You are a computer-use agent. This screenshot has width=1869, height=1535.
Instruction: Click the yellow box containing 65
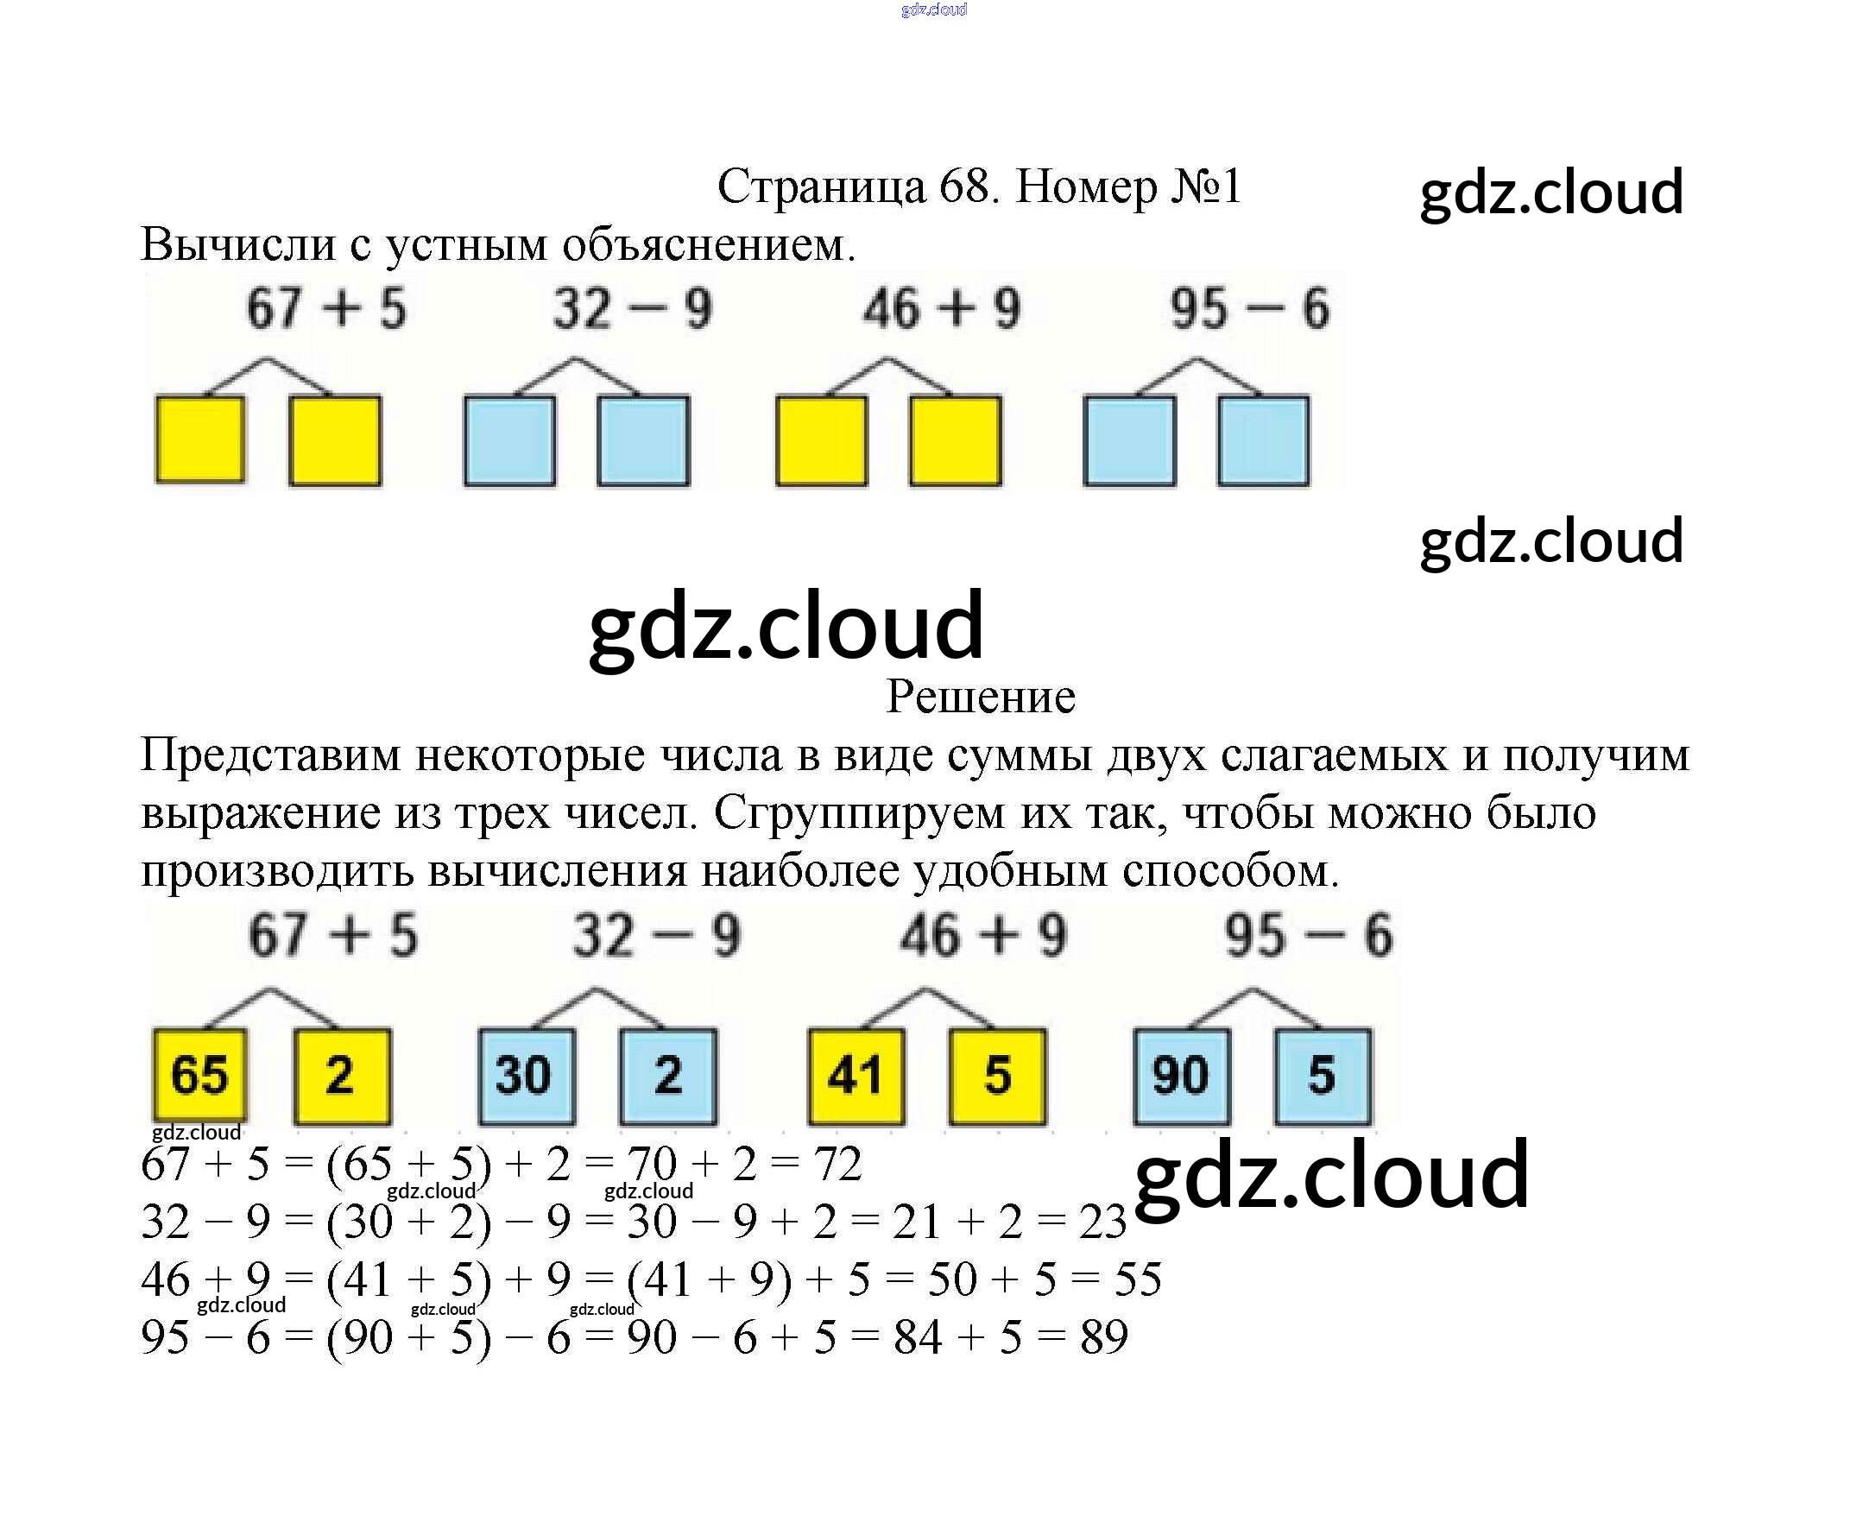pyautogui.click(x=199, y=1075)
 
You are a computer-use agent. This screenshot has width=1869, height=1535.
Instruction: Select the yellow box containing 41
pyautogui.click(x=856, y=1075)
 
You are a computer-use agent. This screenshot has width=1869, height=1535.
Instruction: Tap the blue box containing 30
pyautogui.click(x=526, y=1075)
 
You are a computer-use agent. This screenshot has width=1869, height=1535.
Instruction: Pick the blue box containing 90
pyautogui.click(x=1181, y=1075)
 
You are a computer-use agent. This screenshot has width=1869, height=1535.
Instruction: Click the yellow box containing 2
pyautogui.click(x=341, y=1075)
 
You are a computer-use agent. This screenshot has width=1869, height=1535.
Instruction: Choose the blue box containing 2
pyautogui.click(x=667, y=1075)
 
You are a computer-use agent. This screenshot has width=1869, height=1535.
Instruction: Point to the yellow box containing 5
pyautogui.click(x=997, y=1075)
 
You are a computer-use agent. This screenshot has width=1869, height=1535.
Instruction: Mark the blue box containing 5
pyautogui.click(x=1323, y=1075)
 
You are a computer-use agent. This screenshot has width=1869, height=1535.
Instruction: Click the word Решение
pyautogui.click(x=981, y=697)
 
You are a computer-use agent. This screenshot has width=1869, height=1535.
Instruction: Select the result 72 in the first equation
pyautogui.click(x=837, y=1164)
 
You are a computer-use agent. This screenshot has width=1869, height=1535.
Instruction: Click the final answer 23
pyautogui.click(x=1102, y=1222)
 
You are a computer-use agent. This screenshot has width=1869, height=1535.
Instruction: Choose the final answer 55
pyautogui.click(x=1137, y=1279)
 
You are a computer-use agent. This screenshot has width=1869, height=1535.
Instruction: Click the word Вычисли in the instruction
pyautogui.click(x=237, y=245)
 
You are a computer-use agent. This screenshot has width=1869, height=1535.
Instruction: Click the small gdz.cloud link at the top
pyautogui.click(x=933, y=9)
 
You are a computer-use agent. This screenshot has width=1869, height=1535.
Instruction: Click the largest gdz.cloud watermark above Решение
pyautogui.click(x=785, y=626)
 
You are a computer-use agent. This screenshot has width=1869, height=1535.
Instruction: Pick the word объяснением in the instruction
pyautogui.click(x=708, y=245)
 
